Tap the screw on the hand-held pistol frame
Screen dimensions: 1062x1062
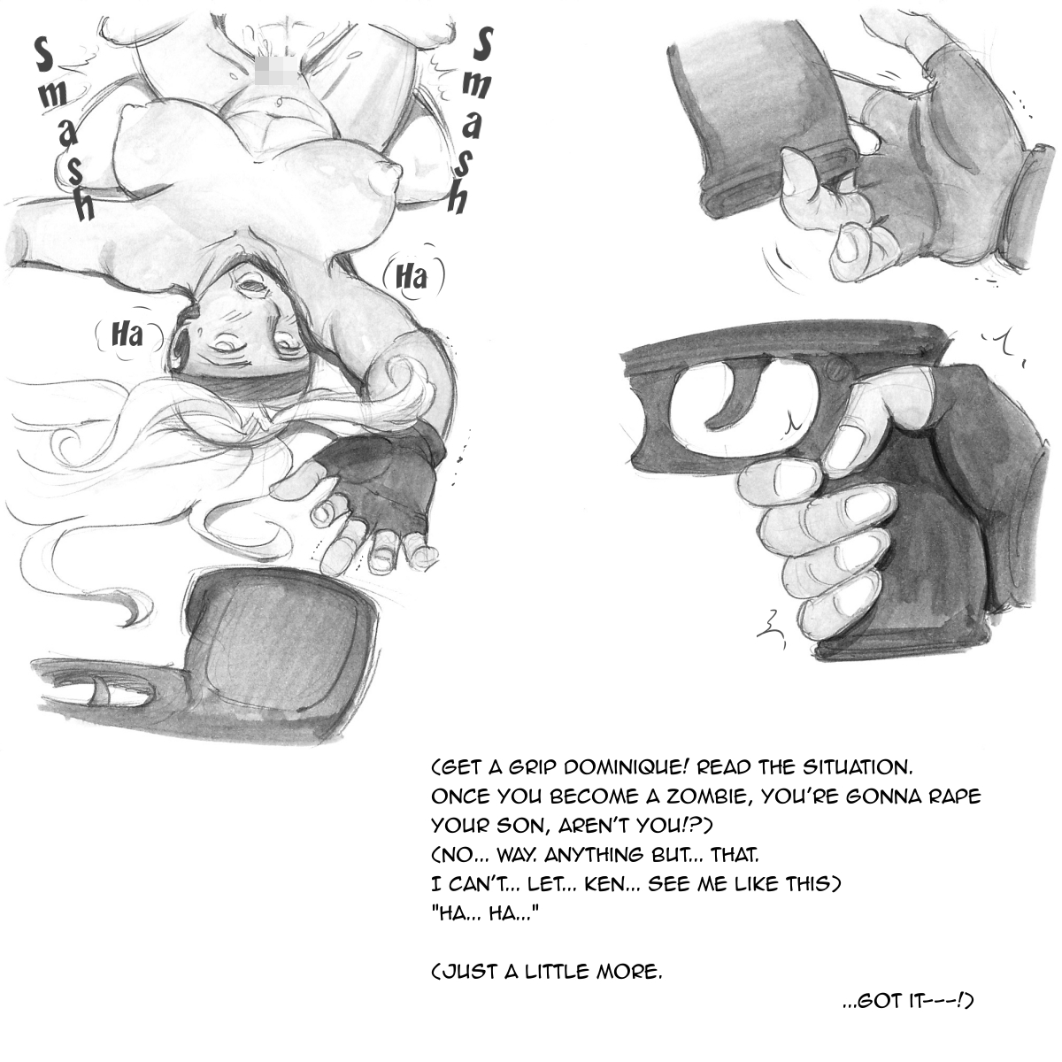point(838,370)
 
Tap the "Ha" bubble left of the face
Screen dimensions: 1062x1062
point(127,335)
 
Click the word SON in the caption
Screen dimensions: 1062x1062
point(512,826)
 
